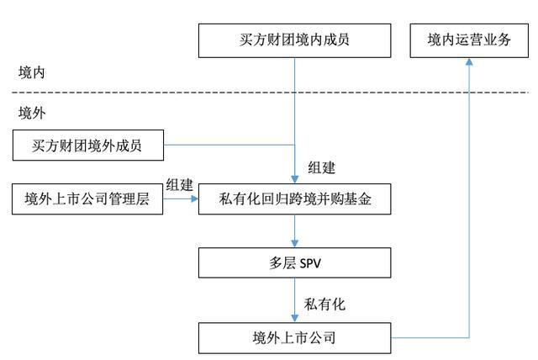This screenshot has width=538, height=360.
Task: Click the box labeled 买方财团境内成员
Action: pos(294,40)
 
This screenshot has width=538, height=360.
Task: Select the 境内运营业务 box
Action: pos(468,40)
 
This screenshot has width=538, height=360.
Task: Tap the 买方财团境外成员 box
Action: pos(87,146)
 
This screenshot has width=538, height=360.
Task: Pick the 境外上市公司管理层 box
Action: pos(87,200)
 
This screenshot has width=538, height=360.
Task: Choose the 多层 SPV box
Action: pos(294,263)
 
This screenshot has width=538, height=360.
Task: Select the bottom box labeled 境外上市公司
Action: pos(294,339)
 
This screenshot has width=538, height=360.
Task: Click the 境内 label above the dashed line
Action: pos(33,73)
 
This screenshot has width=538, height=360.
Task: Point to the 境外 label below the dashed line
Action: pos(33,112)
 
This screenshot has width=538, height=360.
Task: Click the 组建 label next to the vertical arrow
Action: pos(322,167)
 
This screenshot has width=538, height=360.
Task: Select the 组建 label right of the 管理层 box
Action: pos(179,185)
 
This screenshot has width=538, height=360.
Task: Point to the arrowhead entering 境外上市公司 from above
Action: pos(294,320)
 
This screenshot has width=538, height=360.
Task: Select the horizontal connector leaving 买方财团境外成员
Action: pos(227,146)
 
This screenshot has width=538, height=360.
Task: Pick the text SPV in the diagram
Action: pos(310,263)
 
